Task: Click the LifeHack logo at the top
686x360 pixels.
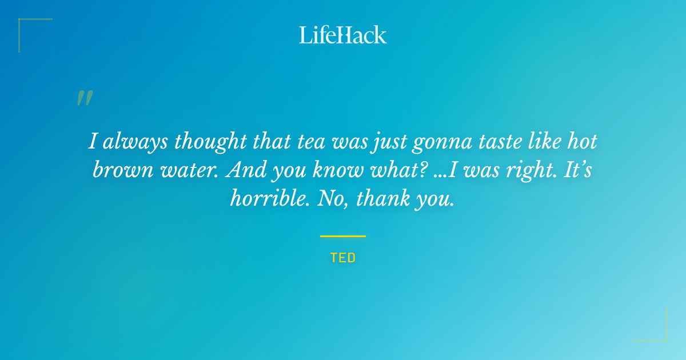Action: click(343, 35)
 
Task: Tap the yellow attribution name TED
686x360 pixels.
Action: click(343, 258)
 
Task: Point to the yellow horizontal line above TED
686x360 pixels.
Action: click(343, 236)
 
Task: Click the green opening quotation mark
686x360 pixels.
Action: click(85, 98)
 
